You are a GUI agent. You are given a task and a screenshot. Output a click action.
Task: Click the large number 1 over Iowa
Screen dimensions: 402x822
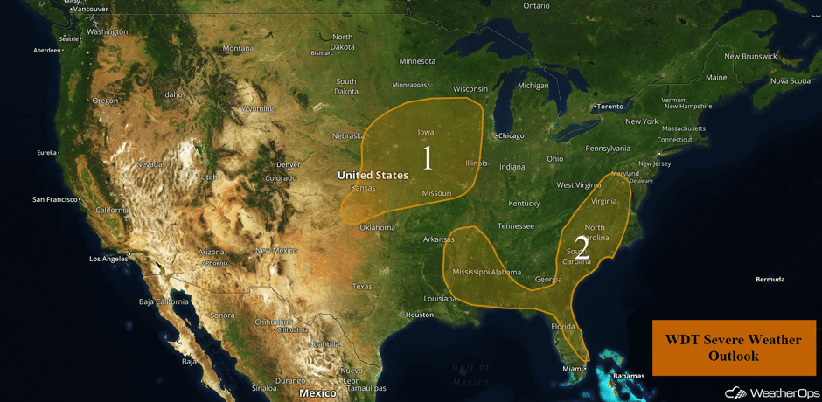click(427, 158)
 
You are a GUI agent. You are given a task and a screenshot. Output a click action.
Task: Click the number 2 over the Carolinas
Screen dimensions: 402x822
click(582, 246)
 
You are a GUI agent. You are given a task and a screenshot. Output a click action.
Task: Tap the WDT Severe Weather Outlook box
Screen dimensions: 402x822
click(733, 348)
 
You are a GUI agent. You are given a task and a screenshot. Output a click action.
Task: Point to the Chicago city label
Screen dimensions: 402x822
click(511, 135)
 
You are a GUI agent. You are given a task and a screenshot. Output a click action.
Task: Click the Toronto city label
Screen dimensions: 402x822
click(610, 107)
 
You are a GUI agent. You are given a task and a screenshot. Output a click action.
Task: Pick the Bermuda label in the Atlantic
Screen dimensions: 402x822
click(770, 280)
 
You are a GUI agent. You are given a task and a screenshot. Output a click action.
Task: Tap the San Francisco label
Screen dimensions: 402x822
click(56, 199)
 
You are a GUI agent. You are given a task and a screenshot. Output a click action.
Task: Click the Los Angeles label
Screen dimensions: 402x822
click(108, 259)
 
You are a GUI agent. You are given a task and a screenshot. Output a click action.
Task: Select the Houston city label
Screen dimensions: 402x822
click(419, 315)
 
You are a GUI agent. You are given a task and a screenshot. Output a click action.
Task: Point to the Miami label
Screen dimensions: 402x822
click(573, 369)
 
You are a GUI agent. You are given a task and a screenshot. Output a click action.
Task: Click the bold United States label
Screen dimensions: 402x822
click(373, 175)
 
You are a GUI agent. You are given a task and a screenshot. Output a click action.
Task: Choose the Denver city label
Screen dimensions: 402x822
click(288, 164)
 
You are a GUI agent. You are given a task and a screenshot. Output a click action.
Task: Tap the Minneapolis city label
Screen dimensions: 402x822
click(409, 85)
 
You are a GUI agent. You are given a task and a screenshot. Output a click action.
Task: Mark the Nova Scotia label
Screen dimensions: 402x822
click(790, 80)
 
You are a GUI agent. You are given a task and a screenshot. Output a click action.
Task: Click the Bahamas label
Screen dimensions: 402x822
click(628, 376)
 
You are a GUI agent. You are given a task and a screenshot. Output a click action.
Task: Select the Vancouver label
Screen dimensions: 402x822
click(91, 9)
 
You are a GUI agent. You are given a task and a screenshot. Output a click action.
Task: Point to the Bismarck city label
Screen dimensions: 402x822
click(322, 53)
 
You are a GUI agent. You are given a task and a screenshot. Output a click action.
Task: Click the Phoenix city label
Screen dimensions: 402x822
click(216, 263)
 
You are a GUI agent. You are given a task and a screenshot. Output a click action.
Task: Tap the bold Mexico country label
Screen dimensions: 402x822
click(317, 393)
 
